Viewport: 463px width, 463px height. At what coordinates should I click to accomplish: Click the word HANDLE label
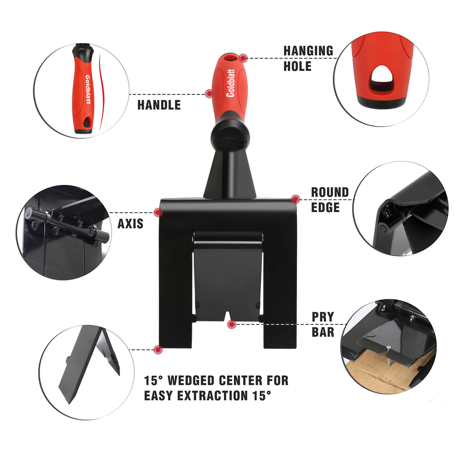[x=159, y=105]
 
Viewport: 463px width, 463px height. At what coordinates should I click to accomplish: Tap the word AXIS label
[x=130, y=223]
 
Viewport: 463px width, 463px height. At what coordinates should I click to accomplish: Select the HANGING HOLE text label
[x=308, y=58]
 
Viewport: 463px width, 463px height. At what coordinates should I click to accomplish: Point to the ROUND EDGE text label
[x=330, y=199]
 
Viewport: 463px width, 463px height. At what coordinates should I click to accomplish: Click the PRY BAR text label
[x=323, y=324]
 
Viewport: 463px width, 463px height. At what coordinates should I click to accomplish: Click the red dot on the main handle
[x=209, y=93]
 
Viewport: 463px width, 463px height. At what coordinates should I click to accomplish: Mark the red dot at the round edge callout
[x=295, y=199]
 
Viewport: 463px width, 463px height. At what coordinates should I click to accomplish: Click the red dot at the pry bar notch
[x=231, y=325]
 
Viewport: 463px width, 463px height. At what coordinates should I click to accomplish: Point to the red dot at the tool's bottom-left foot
[x=158, y=349]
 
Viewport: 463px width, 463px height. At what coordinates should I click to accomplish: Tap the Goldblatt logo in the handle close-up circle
[x=88, y=89]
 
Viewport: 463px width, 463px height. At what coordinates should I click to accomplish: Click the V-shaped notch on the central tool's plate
[x=227, y=317]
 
